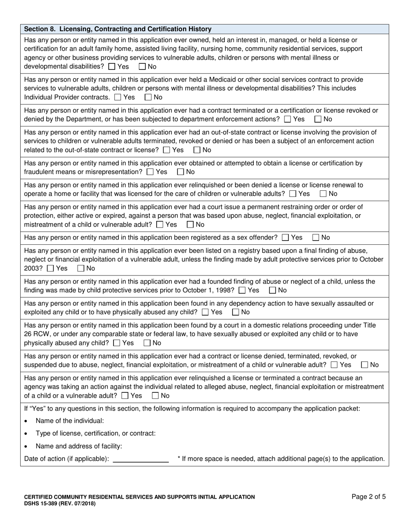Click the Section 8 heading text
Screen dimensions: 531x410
pos(118,29)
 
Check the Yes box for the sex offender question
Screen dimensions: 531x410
pos(285,237)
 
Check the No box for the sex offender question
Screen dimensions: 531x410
pos(315,237)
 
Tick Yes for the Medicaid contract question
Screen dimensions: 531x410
pos(118,97)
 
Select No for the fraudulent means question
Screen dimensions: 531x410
pos(180,172)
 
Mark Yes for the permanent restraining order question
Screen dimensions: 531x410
pos(160,224)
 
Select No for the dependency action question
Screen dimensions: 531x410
pos(236,312)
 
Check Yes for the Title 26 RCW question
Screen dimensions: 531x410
pos(117,343)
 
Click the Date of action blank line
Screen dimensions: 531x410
pos(140,458)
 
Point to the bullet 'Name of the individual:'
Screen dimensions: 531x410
pos(69,421)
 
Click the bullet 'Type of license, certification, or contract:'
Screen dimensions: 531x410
pos(95,433)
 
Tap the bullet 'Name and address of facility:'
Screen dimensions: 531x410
pos(79,446)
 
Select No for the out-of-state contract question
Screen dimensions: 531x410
pos(197,150)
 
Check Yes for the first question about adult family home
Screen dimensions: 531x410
pos(112,67)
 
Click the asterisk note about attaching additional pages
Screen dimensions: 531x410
pos(281,458)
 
